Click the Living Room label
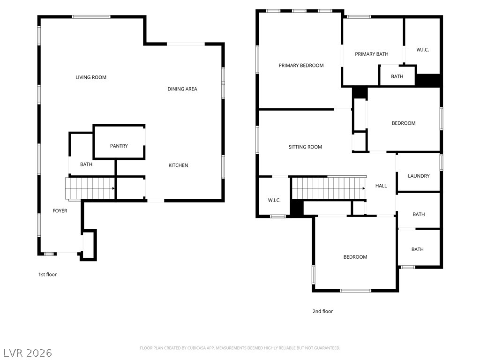coord(91,77)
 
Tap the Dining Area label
coord(182,89)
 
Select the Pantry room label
coord(119,146)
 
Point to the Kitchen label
coord(178,165)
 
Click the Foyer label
coord(60,211)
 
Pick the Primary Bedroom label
coord(301,66)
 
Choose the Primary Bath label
coord(372,54)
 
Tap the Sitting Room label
coord(305,147)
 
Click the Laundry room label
coord(419,176)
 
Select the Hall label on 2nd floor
coord(381,186)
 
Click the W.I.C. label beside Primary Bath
coord(422,50)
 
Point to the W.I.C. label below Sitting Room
coord(274,200)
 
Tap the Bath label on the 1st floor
coord(86,165)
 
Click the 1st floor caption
coord(47,275)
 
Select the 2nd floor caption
coord(322,311)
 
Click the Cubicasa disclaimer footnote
coord(240,348)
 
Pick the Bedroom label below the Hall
coord(355,257)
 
